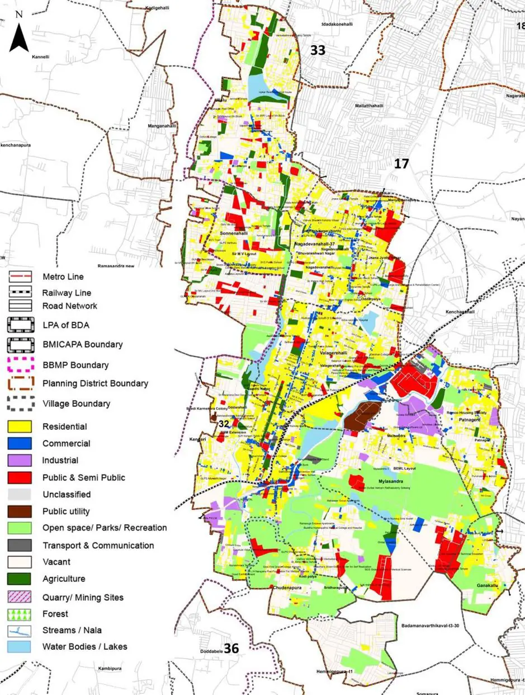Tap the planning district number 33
tap(318, 50)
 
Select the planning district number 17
tap(401, 163)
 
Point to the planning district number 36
tap(231, 648)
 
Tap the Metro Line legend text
tap(63, 277)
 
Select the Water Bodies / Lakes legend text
tap(84, 647)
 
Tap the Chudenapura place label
tap(288, 588)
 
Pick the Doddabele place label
tap(212, 652)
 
